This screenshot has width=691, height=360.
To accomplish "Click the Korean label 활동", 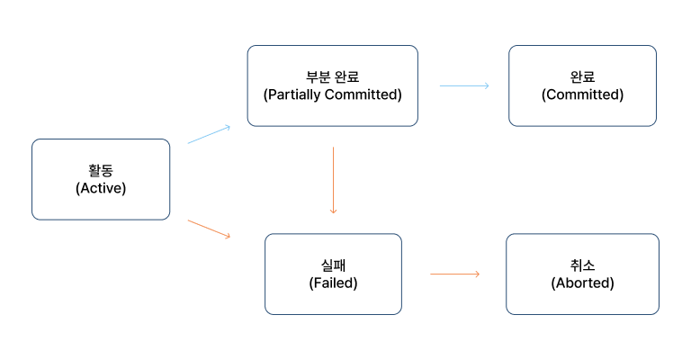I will click(101, 171).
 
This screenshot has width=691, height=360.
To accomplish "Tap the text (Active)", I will click(101, 188).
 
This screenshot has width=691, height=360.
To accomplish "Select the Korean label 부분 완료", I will click(332, 76).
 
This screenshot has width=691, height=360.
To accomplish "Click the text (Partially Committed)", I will click(332, 94).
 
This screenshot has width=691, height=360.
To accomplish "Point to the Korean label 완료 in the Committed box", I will click(582, 76).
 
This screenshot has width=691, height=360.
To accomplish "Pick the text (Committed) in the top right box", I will click(582, 94).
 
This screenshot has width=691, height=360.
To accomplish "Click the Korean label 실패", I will click(333, 265).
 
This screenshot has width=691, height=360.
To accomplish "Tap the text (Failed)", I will click(333, 283).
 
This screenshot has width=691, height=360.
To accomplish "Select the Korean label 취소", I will click(582, 265).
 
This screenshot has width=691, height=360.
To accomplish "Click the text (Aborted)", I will click(582, 283).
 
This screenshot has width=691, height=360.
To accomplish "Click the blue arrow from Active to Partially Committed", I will click(209, 134).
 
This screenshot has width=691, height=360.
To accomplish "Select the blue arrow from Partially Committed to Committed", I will click(464, 85).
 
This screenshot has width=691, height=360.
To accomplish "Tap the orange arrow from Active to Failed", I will click(209, 229).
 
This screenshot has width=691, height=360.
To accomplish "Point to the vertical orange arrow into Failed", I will click(333, 180).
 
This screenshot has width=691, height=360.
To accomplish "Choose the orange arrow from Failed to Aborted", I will click(454, 274).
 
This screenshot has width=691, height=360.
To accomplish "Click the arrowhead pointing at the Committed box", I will click(486, 85).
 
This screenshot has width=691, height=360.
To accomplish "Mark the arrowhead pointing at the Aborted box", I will click(477, 274).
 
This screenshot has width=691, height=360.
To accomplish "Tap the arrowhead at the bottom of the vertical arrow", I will click(333, 211).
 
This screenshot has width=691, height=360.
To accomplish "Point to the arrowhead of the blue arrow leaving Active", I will click(227, 127).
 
